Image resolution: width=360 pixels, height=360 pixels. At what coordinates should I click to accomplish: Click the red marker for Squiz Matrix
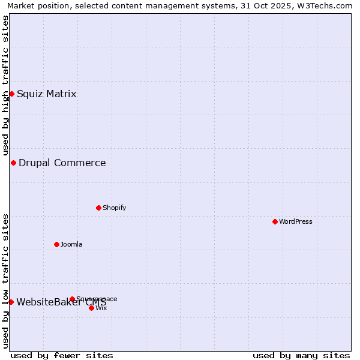11,94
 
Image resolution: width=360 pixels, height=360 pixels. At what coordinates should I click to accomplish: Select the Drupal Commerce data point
13,163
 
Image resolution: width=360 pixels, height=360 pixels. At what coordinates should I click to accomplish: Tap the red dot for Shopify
98,208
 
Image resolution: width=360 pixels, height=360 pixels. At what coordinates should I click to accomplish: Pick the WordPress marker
275,221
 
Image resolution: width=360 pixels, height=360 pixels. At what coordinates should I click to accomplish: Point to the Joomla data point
57,244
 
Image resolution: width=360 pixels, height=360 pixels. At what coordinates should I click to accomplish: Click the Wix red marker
91,308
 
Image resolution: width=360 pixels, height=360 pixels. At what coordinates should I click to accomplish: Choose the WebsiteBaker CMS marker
11,302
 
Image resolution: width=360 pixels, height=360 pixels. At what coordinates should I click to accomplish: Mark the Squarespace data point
72,299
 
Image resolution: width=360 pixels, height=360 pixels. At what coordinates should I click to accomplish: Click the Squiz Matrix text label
46,94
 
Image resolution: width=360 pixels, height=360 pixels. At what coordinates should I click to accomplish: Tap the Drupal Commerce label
62,163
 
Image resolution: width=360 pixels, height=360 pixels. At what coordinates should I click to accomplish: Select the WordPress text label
295,221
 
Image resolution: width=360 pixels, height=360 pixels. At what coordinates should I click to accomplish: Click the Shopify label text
114,208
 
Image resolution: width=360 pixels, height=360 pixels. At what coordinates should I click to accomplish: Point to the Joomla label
71,244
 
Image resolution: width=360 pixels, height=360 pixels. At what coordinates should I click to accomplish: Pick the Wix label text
101,308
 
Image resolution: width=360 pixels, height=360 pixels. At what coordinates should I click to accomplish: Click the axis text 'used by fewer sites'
62,355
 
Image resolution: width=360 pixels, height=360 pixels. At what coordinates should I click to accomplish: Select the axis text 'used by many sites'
301,355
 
